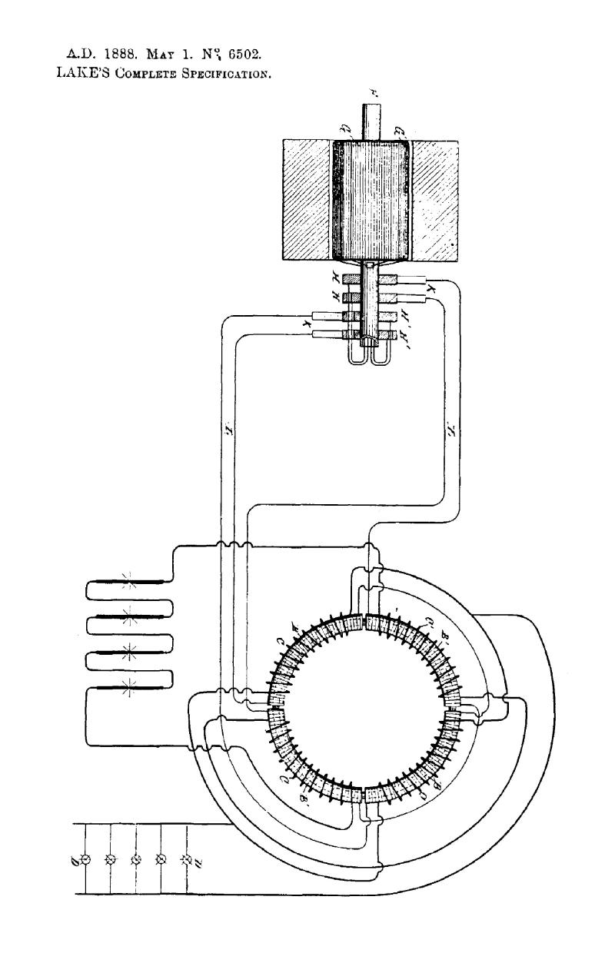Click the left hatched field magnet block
pyautogui.click(x=307, y=198)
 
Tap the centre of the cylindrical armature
pyautogui.click(x=374, y=198)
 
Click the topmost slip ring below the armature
pyautogui.click(x=374, y=278)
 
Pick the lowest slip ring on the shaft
pyautogui.click(x=374, y=334)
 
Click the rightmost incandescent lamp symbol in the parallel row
pyautogui.click(x=185, y=858)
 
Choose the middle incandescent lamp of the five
pyautogui.click(x=136, y=858)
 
